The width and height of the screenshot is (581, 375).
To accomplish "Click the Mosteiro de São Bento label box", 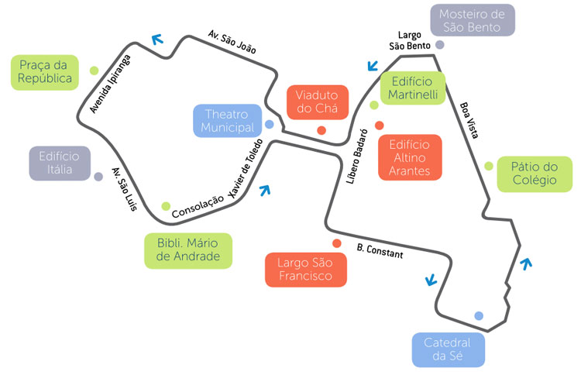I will (472, 21).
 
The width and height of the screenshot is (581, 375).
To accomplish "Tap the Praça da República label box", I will (46, 71).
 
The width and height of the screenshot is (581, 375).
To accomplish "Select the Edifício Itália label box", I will (59, 163).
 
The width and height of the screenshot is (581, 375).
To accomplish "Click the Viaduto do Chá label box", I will (317, 101).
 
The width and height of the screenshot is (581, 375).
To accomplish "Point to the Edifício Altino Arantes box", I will (410, 157).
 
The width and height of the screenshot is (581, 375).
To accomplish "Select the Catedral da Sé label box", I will (447, 349).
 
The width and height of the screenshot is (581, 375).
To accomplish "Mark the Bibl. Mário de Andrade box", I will (188, 250).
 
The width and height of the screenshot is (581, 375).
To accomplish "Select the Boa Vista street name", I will (469, 120).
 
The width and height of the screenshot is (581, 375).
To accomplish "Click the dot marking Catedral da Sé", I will (479, 315).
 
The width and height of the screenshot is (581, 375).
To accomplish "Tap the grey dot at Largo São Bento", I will (440, 46).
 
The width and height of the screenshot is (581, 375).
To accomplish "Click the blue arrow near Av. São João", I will (159, 38).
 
